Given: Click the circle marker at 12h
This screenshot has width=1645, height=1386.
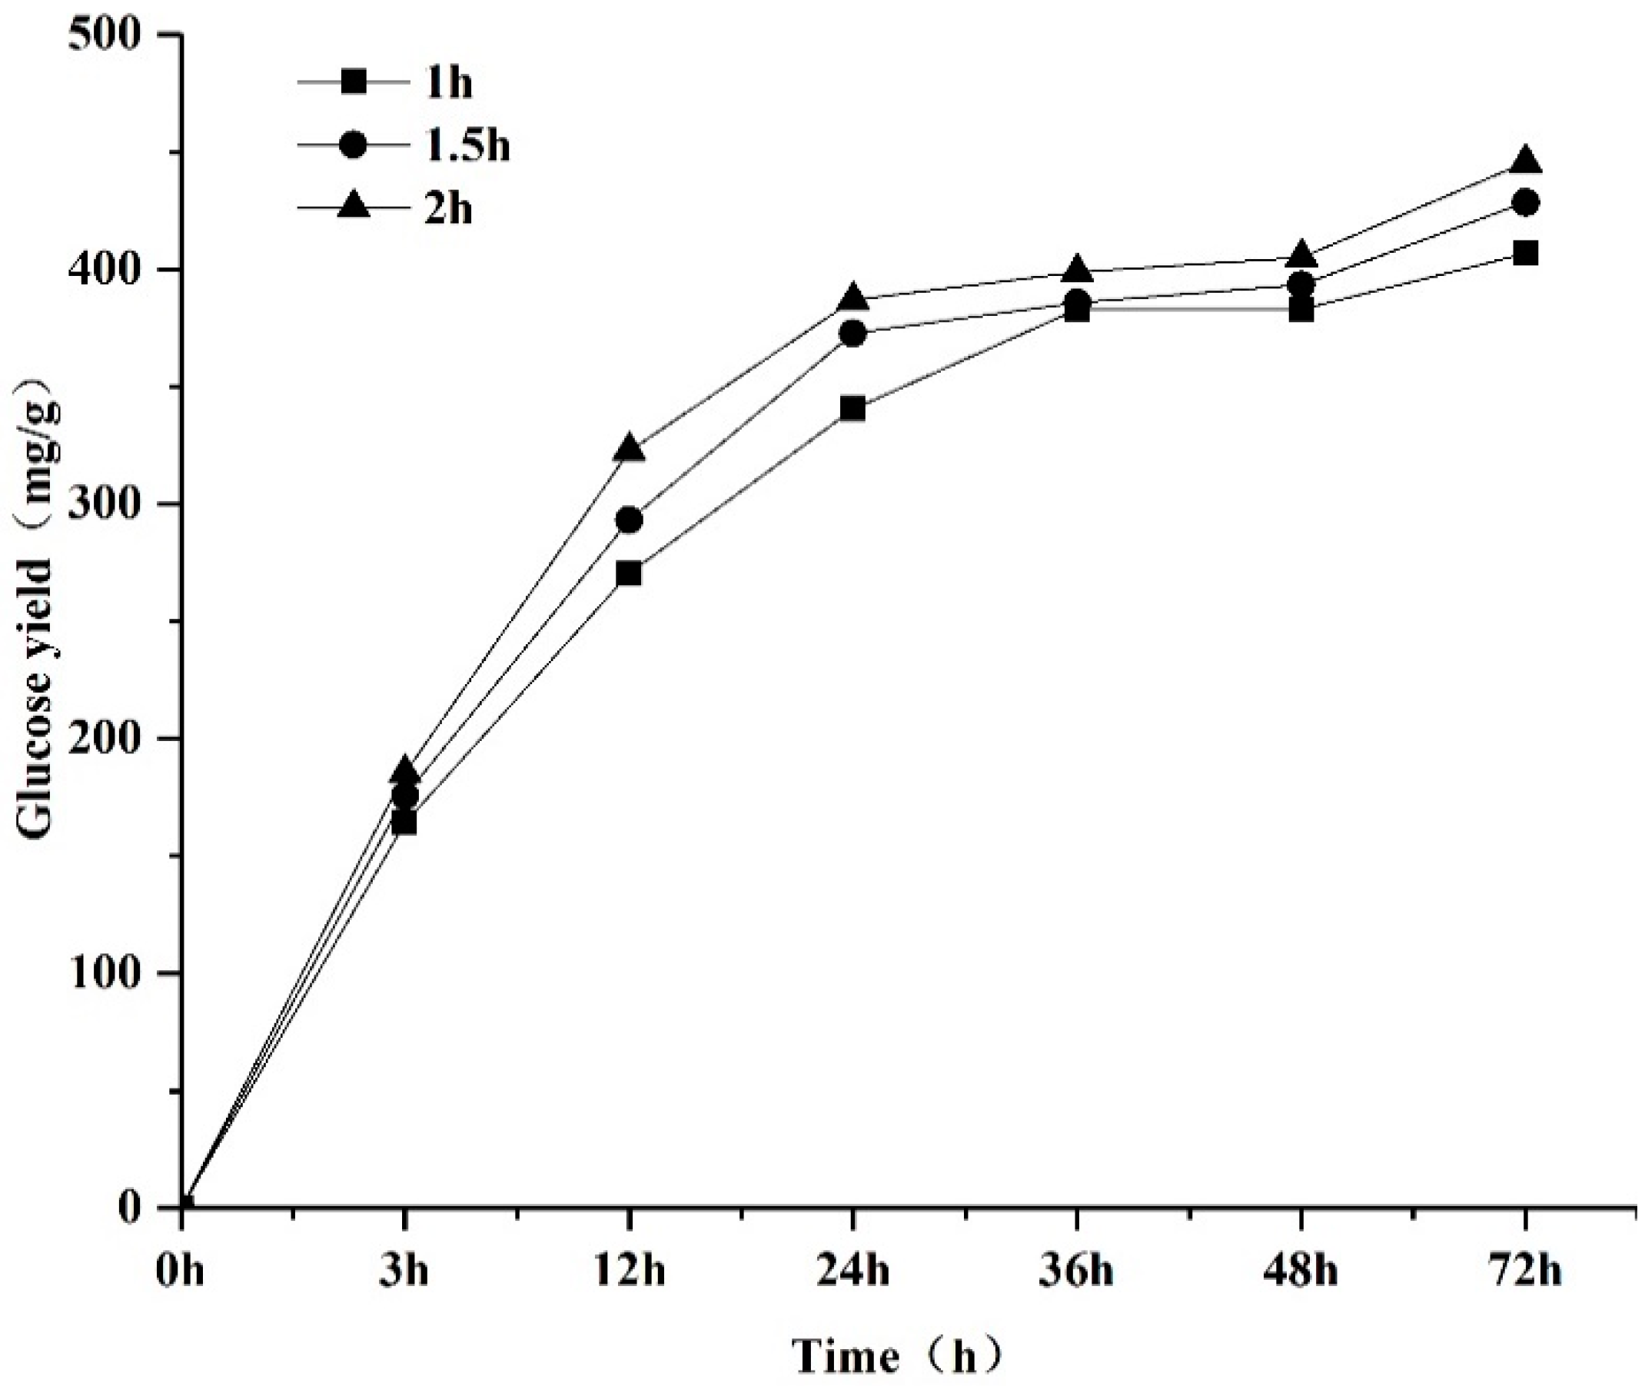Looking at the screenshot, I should pos(630,520).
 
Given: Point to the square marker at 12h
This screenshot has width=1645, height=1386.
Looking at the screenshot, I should pos(630,573).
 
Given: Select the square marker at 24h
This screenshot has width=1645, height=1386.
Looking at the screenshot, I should pos(852,408).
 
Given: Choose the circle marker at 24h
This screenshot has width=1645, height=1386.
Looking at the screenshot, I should pos(852,334).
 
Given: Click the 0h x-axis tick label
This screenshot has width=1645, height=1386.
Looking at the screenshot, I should pos(179,1271).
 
